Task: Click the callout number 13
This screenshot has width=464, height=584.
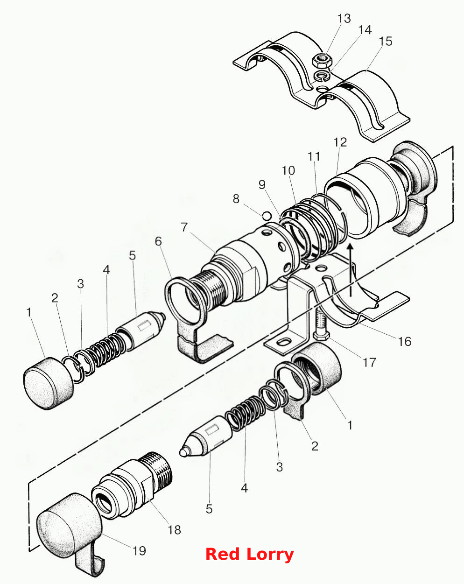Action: (x=344, y=19)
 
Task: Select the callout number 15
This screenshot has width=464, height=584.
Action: (x=385, y=42)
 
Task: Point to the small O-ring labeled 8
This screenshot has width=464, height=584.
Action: (x=267, y=216)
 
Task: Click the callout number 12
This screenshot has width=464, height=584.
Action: (x=340, y=142)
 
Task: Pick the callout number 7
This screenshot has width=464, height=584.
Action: (x=184, y=227)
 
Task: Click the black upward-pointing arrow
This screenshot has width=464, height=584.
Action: (x=351, y=269)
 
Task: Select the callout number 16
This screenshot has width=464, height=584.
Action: (x=405, y=341)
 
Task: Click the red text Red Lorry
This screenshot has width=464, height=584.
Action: (x=250, y=554)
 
